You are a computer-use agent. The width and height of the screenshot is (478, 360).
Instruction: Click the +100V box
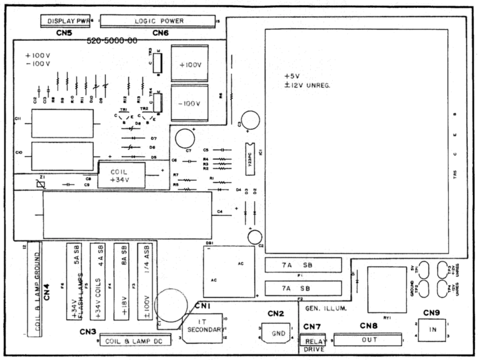[189, 64]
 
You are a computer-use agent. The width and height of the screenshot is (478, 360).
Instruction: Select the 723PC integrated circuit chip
[250, 158]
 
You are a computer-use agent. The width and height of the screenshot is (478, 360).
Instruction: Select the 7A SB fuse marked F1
[302, 265]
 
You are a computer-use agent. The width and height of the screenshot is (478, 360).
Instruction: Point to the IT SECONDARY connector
[201, 328]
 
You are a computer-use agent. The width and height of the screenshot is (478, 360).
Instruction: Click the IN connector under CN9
[434, 330]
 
